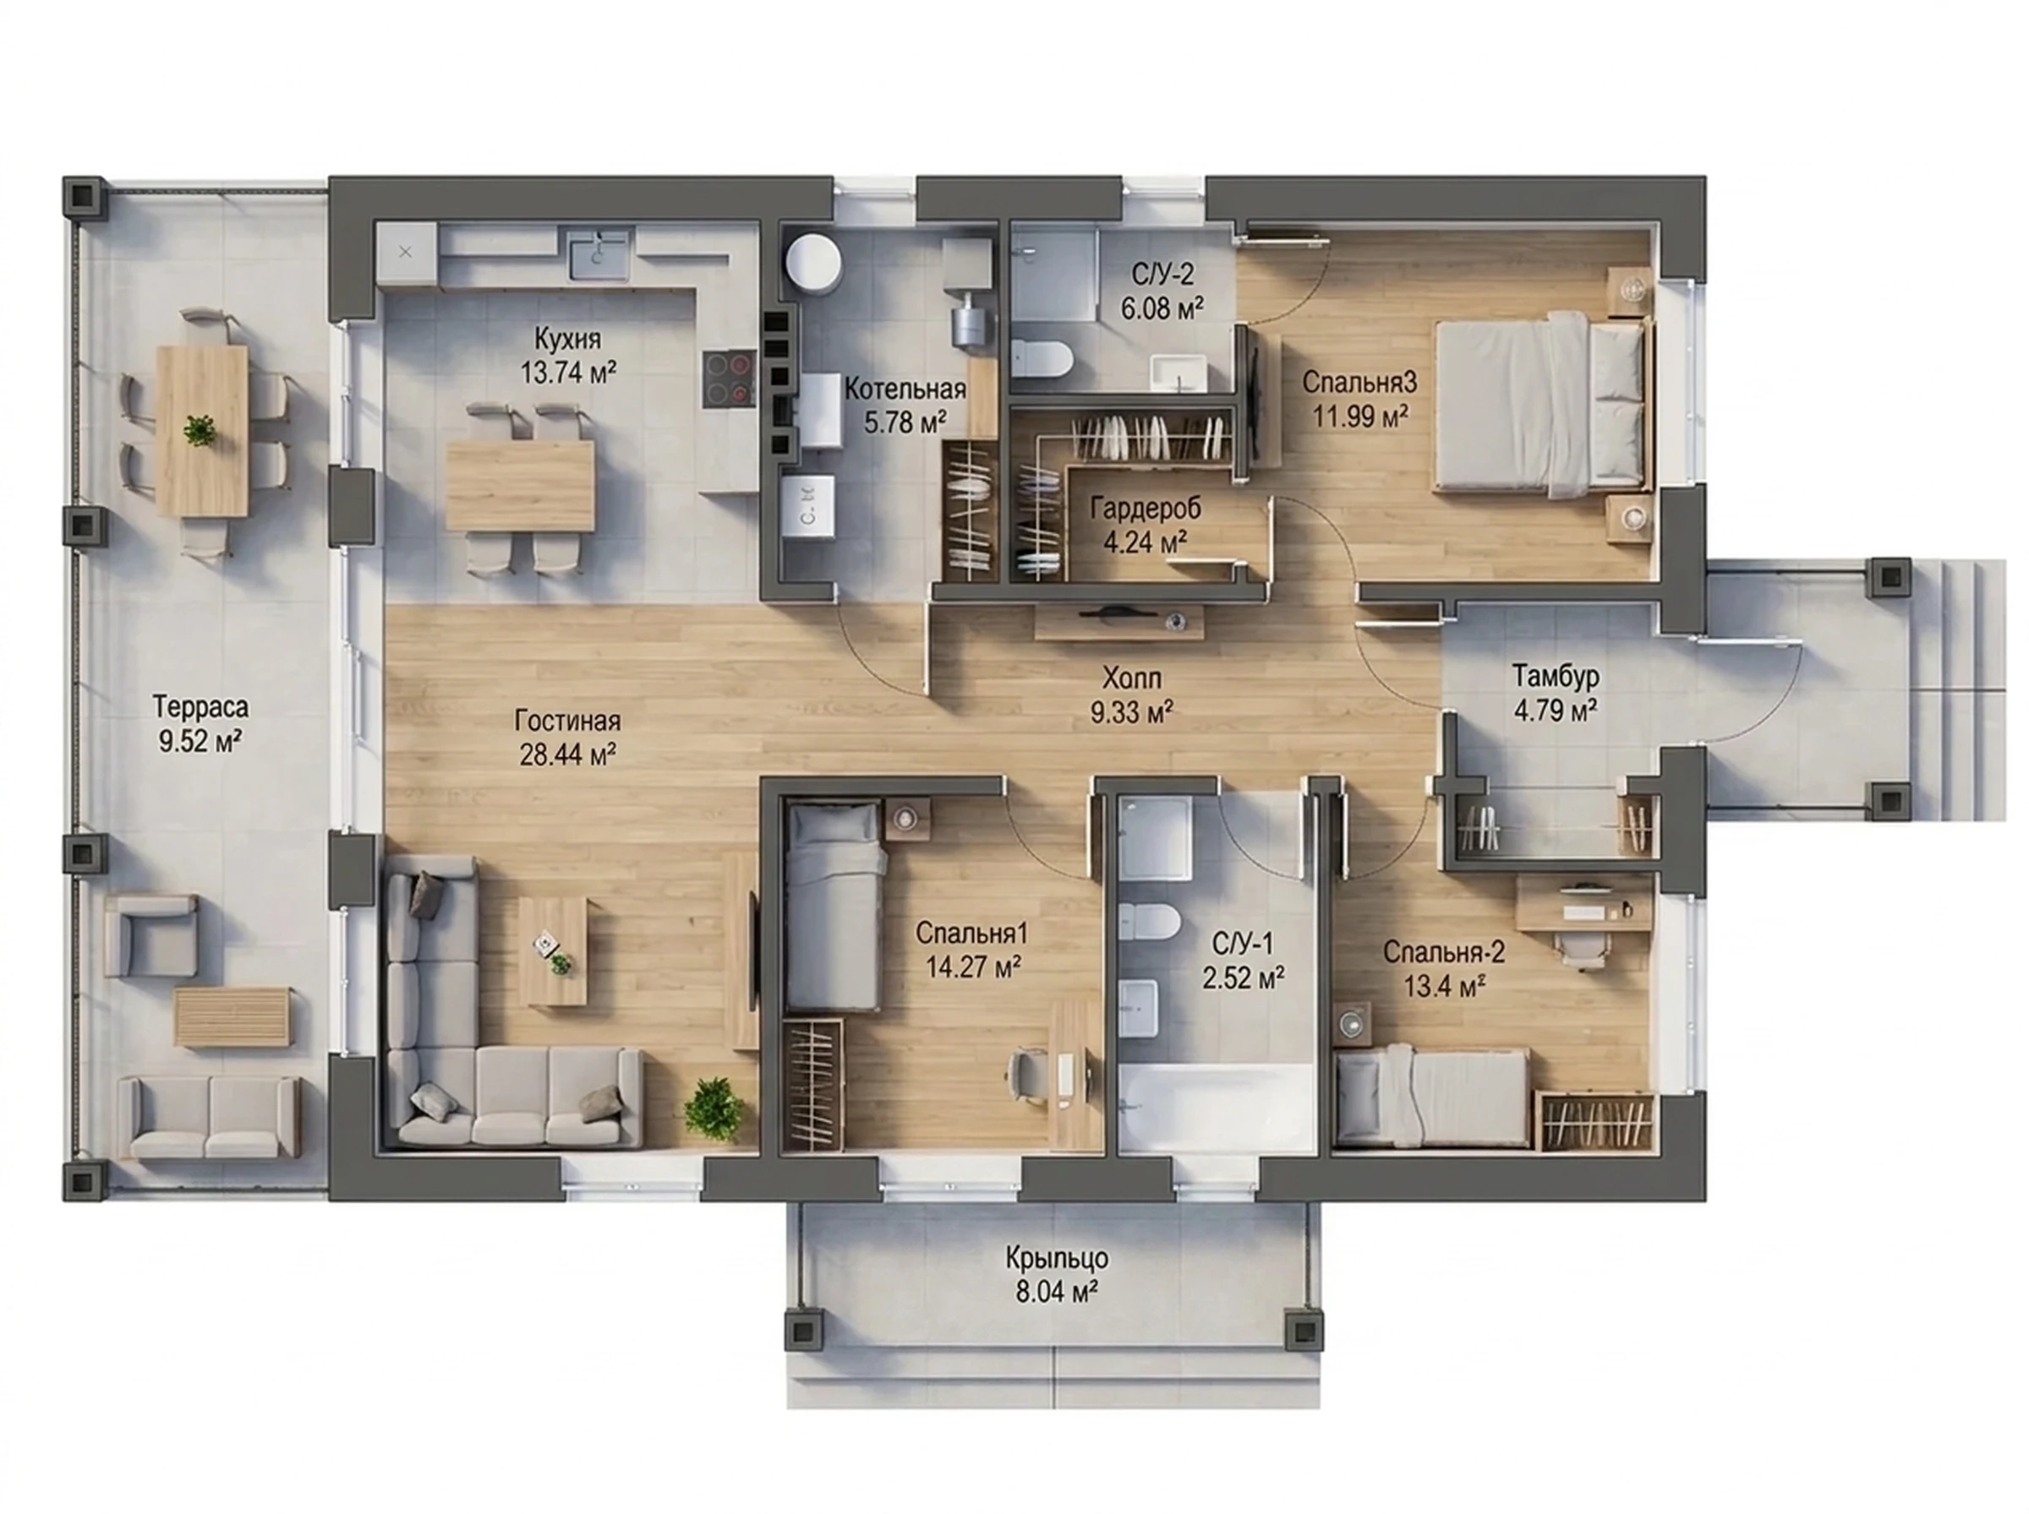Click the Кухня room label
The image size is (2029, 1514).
pyautogui.click(x=567, y=339)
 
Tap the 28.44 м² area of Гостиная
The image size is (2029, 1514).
pyautogui.click(x=567, y=754)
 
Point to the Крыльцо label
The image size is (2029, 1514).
pyautogui.click(x=1056, y=1258)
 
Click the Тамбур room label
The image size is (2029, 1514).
pyautogui.click(x=1556, y=677)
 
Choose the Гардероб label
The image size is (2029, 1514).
pyautogui.click(x=1146, y=508)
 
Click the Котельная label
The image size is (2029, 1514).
pyautogui.click(x=905, y=389)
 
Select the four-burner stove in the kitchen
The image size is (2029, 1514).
pyautogui.click(x=730, y=379)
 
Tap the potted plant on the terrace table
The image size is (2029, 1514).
pyautogui.click(x=199, y=429)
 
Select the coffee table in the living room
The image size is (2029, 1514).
pyautogui.click(x=553, y=950)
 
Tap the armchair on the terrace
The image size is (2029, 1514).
pyautogui.click(x=150, y=936)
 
